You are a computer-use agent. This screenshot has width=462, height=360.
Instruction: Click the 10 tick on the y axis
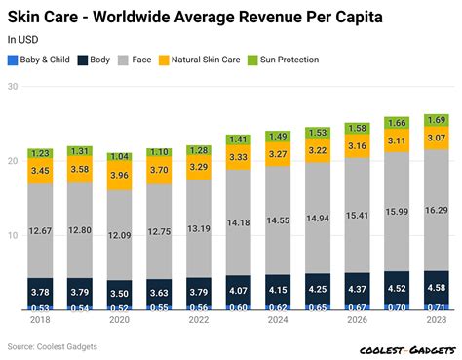coord(13,235)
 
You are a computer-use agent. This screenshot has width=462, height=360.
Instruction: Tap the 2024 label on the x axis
coord(278,320)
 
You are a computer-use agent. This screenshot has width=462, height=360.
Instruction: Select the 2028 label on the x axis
coord(437,320)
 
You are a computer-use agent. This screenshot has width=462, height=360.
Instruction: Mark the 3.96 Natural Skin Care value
coord(120,176)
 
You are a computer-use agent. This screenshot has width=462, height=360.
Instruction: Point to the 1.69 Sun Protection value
coord(437,120)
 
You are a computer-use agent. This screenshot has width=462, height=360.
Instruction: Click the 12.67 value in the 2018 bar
coord(40,230)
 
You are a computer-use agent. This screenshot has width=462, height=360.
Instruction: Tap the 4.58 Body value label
coord(437,287)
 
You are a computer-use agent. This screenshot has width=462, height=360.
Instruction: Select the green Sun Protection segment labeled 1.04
coord(120,156)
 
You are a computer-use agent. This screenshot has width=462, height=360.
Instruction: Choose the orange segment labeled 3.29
coord(199,167)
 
